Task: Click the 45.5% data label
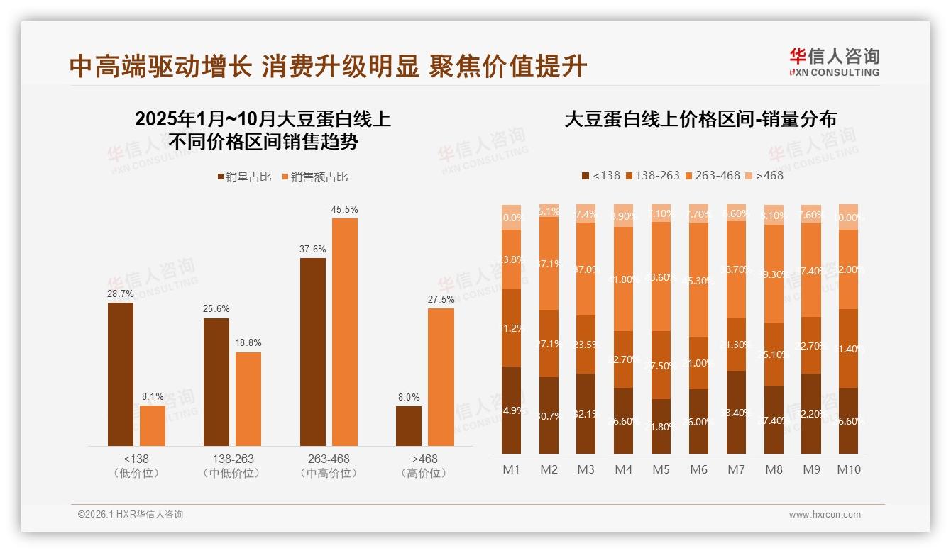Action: [x=344, y=210]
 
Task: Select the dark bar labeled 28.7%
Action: [x=121, y=374]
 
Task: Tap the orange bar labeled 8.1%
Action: [x=153, y=425]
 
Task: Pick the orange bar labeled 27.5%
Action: [x=441, y=377]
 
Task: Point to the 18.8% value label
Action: [x=248, y=343]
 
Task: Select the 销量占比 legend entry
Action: [x=244, y=177]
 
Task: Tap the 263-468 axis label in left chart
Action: [x=329, y=459]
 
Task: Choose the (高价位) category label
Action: [x=424, y=473]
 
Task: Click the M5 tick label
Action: [x=661, y=469]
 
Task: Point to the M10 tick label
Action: [x=848, y=469]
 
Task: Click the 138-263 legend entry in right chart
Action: [x=652, y=175]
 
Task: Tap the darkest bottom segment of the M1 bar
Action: [x=511, y=410]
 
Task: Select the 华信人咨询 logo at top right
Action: [x=834, y=62]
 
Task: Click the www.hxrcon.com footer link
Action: [x=825, y=515]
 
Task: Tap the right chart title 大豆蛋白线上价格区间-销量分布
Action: [x=700, y=119]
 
